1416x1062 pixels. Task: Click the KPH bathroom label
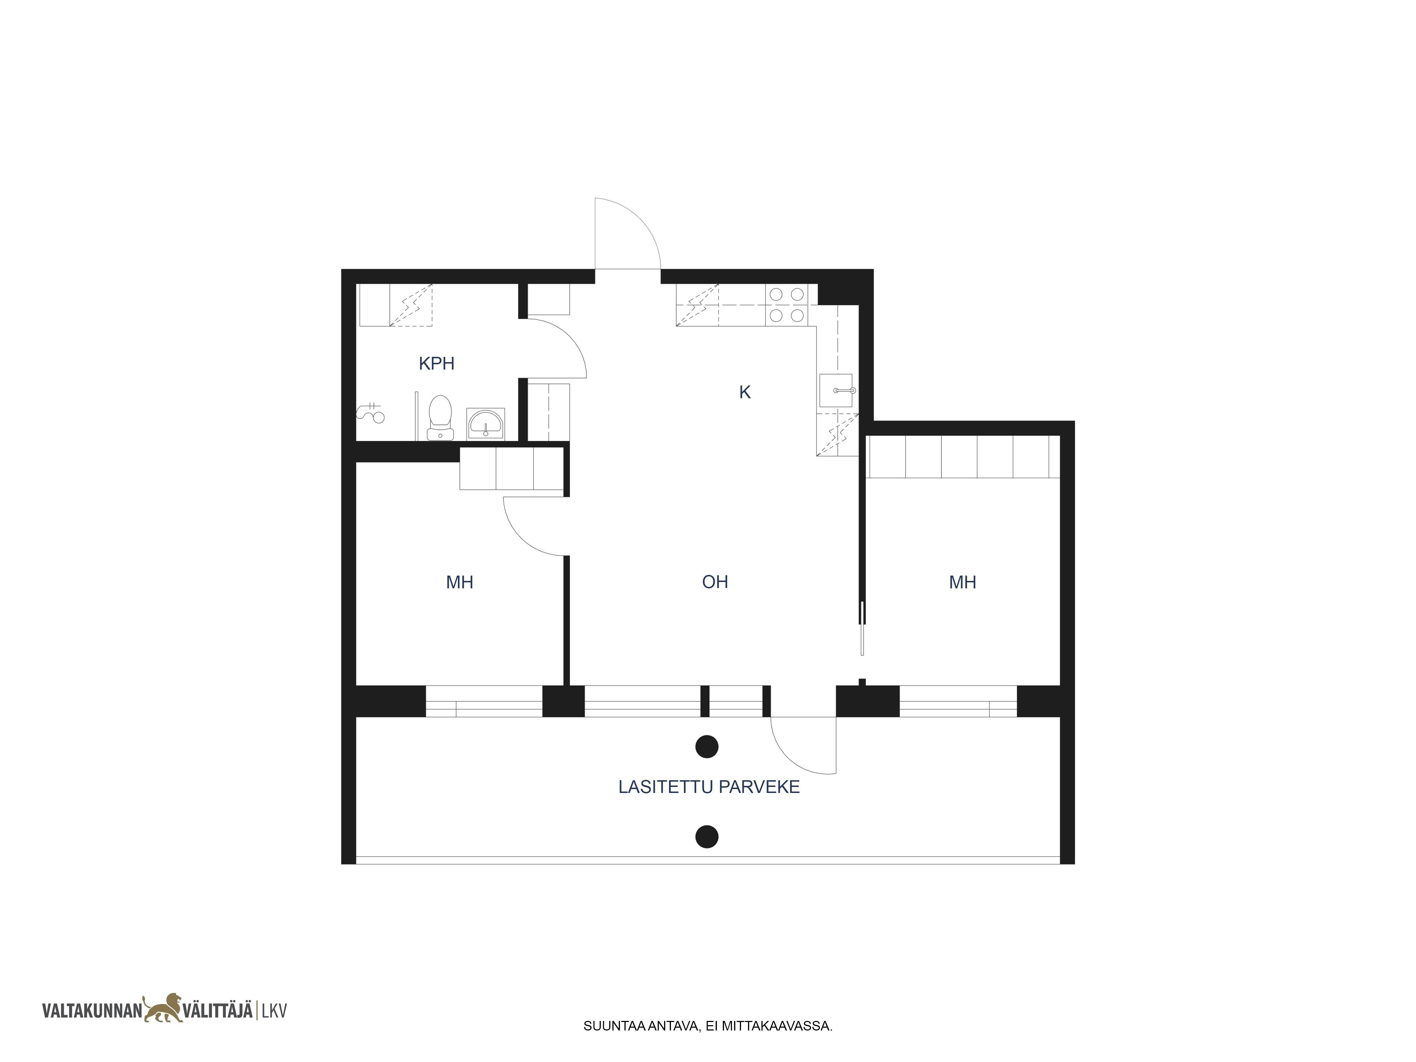tap(436, 364)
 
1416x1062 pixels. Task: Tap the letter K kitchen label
tap(744, 392)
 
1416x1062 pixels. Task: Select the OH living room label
tap(715, 582)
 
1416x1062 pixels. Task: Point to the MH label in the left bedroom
tap(459, 583)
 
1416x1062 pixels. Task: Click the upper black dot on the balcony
tap(707, 746)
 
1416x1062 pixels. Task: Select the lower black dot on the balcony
tap(707, 837)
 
